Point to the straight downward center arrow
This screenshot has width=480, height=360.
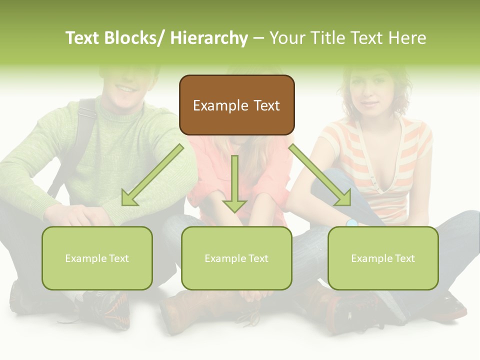click(x=234, y=183)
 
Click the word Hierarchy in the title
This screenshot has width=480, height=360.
click(x=209, y=38)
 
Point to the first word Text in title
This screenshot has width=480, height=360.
click(x=83, y=38)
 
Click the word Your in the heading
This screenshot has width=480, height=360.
click(x=287, y=38)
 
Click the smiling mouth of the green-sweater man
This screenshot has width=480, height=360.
click(x=125, y=89)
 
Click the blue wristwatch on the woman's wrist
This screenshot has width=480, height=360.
click(x=352, y=222)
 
